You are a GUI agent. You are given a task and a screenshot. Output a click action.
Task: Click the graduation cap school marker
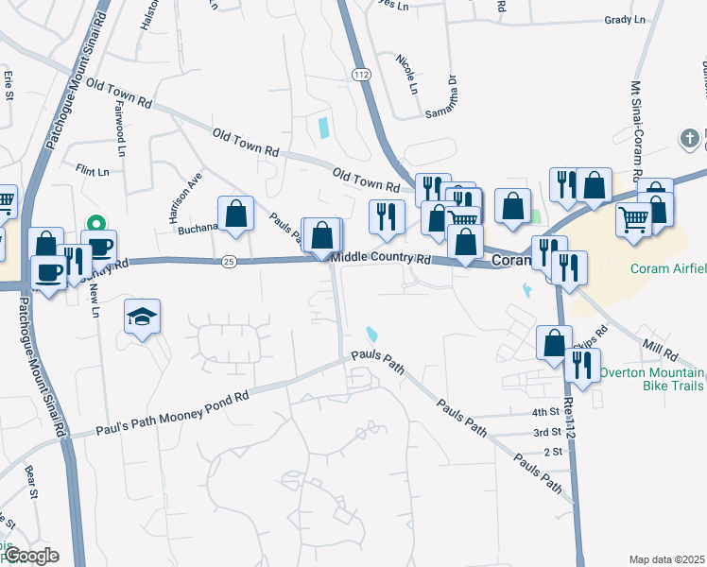(143, 318)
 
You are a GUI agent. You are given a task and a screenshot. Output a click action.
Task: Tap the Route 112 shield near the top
(359, 74)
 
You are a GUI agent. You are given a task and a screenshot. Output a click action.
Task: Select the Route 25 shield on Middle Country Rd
(230, 261)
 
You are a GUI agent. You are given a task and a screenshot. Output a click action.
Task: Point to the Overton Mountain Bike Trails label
(652, 379)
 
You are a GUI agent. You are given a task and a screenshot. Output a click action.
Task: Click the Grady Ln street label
(624, 19)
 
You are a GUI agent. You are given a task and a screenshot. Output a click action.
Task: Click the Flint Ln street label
(93, 169)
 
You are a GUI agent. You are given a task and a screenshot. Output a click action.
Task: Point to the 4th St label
(545, 412)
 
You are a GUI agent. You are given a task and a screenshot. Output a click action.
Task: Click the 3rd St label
(546, 432)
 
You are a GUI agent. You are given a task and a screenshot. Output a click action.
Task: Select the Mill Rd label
(659, 354)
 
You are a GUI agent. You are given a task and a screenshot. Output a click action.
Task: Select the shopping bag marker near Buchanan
(235, 213)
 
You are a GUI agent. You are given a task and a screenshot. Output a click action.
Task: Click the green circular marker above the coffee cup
(95, 224)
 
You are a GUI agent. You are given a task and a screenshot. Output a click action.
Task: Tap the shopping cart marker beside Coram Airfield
(633, 219)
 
